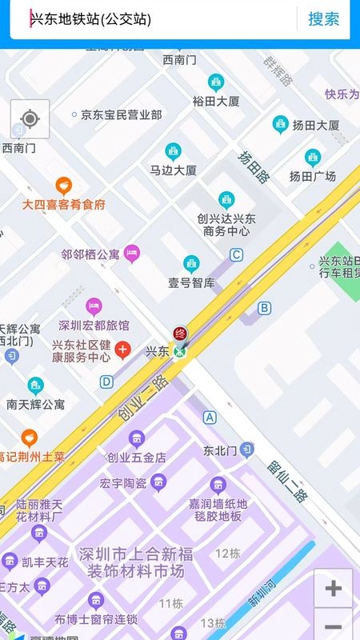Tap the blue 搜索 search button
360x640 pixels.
point(323,19)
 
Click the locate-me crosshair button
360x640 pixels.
point(30,119)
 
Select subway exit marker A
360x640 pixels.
point(210,417)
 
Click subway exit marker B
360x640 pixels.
point(265,308)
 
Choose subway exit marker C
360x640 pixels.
point(236,255)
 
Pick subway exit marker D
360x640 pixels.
point(106,382)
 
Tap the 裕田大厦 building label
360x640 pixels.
point(216,102)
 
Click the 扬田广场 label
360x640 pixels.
point(312,176)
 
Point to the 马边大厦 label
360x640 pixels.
point(174,170)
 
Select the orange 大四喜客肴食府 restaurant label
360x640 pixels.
point(64,204)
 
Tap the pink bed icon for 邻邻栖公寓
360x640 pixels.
point(132,254)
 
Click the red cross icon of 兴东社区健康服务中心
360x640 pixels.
point(122,350)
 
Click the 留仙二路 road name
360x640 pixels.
point(289,478)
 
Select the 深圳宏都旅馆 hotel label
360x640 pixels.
point(94,325)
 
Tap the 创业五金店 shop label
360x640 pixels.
point(137,458)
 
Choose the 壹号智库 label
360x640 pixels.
point(191,282)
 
